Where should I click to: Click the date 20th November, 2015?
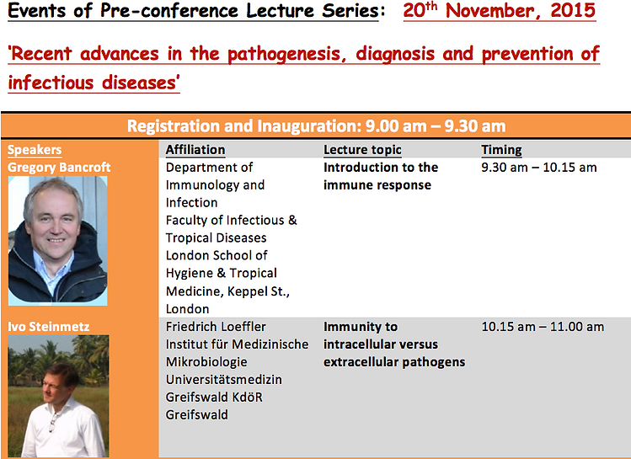(499, 10)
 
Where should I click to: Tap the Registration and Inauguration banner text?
(316, 126)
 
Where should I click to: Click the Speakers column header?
(35, 150)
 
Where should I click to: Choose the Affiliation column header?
(195, 150)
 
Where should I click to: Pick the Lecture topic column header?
(362, 150)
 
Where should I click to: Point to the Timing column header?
(501, 150)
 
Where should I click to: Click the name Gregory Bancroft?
(59, 168)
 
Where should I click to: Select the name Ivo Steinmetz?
(49, 327)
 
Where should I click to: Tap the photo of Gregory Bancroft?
(58, 241)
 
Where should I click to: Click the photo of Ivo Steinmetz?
(58, 396)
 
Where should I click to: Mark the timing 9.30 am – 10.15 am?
(539, 168)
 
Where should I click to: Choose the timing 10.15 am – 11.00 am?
(543, 327)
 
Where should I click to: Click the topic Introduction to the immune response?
(381, 176)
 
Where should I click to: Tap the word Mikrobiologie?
(206, 362)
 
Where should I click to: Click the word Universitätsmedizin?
(224, 380)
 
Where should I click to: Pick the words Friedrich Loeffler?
(216, 327)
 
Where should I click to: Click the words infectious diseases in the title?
(94, 83)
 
